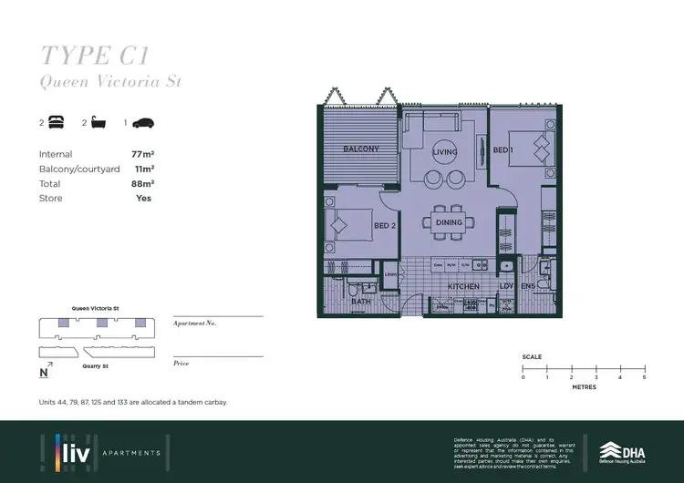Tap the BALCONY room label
[x=360, y=149]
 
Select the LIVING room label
[x=445, y=152]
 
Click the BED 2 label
[x=383, y=225]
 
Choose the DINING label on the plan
[x=449, y=222]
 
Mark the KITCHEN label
[x=463, y=287]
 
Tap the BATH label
[x=361, y=301]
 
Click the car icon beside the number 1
[x=145, y=123]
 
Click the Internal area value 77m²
[x=140, y=155]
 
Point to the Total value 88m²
[x=140, y=184]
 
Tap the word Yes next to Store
[x=143, y=198]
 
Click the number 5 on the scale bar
[x=644, y=376]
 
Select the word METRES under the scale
[x=583, y=387]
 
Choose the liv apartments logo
[x=100, y=451]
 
